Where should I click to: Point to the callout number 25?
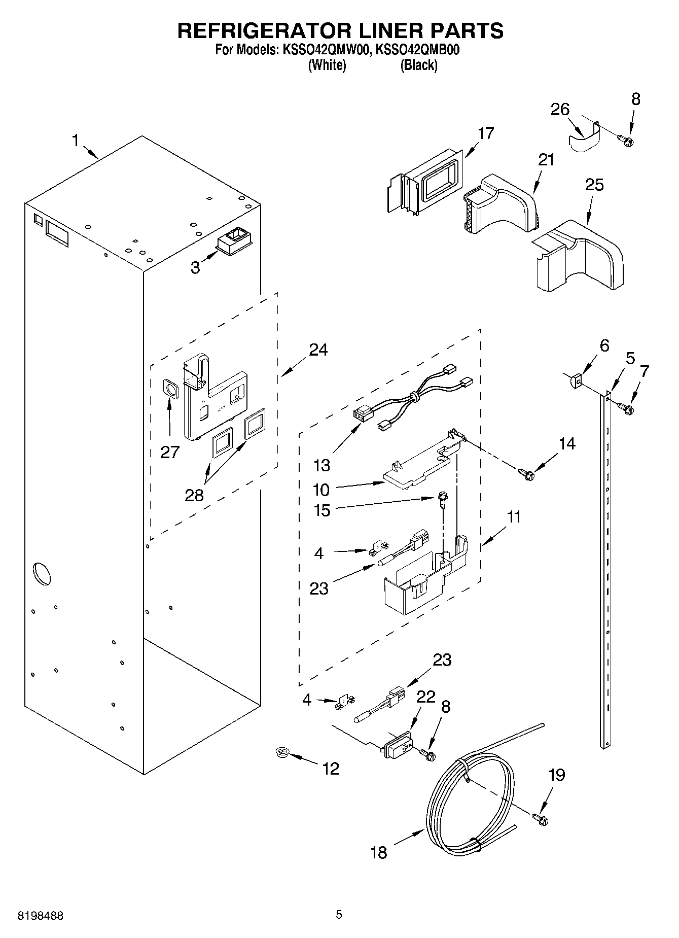pos(594,185)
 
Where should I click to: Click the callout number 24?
pos(318,350)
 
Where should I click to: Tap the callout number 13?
pos(321,465)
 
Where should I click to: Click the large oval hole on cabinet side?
pos(42,573)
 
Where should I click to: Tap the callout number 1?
pos(76,140)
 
